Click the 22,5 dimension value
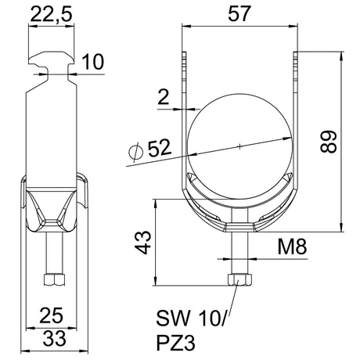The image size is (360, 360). click(51, 14)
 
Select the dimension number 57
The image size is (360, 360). click(239, 13)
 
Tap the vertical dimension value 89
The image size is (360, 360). click(329, 141)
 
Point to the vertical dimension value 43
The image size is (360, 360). click(143, 243)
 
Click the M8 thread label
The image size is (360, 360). click(292, 247)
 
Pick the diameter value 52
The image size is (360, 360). click(159, 148)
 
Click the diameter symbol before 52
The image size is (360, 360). click(136, 152)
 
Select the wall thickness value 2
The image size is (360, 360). click(164, 97)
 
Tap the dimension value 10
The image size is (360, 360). click(93, 62)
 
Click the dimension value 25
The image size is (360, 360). click(51, 315)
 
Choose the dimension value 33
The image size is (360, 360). click(55, 338)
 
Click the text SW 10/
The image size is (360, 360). click(193, 318)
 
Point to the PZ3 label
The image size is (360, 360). click(176, 343)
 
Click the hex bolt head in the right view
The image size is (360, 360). click(239, 279)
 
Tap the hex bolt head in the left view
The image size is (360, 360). click(54, 279)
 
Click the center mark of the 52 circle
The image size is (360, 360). click(239, 146)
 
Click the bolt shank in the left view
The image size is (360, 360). click(54, 253)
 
